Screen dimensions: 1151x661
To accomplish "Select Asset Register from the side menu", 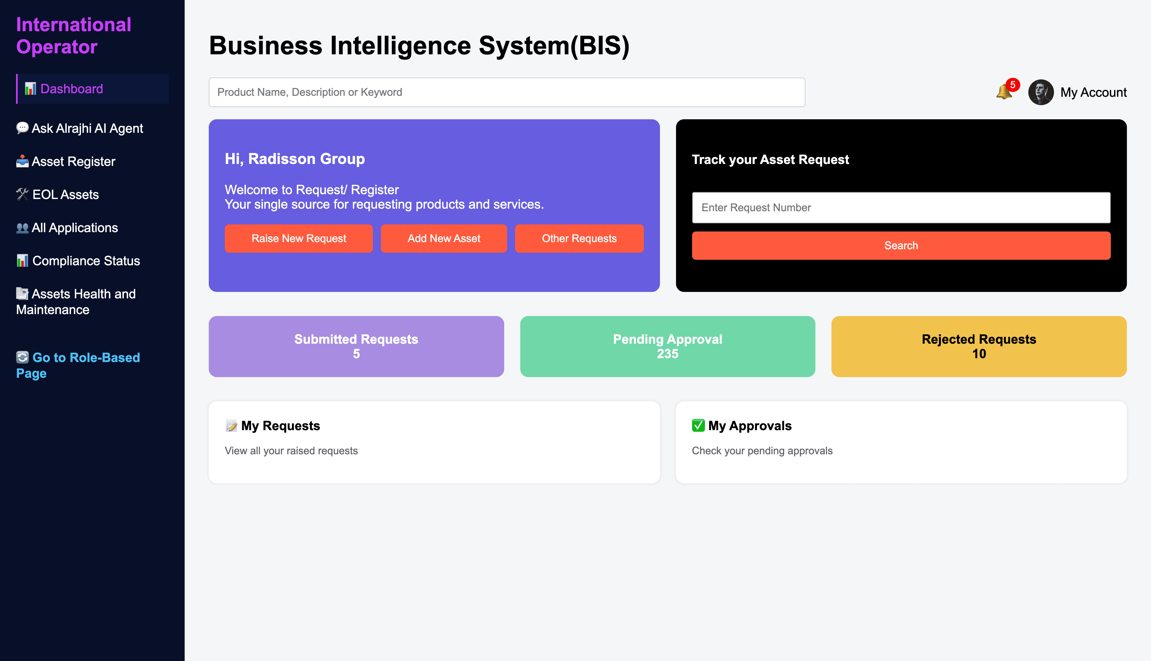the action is click(x=66, y=162).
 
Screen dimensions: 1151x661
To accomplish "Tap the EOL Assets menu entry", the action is click(x=57, y=195).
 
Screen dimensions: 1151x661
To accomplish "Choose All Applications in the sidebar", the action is click(x=67, y=228).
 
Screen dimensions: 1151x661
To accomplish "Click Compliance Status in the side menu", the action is click(x=78, y=261).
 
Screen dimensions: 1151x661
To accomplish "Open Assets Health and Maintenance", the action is click(x=76, y=302).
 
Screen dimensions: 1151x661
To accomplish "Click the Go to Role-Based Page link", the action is click(x=78, y=366).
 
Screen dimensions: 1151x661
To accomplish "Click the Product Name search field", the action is click(x=506, y=92).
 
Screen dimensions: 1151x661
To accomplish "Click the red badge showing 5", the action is click(x=1013, y=85).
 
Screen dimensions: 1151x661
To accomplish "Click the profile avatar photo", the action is click(x=1041, y=92).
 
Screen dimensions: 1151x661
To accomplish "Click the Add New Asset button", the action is click(x=444, y=238).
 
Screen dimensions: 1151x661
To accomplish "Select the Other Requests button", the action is click(x=579, y=238).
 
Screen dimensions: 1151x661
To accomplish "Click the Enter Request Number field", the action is click(x=901, y=207).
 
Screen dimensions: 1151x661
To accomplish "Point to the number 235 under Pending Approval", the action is click(x=668, y=354).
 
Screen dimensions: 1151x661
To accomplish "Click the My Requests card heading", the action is click(x=280, y=426).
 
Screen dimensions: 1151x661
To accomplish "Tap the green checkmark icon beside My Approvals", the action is click(x=698, y=425).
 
